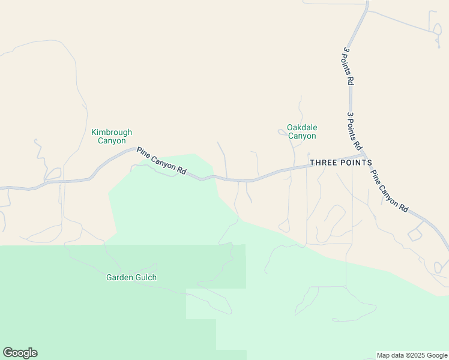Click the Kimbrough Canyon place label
pyautogui.click(x=112, y=136)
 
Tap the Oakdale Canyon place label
pyautogui.click(x=301, y=131)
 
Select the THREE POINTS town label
pyautogui.click(x=340, y=163)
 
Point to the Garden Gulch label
pyautogui.click(x=131, y=277)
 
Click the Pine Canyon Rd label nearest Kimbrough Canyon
pyautogui.click(x=161, y=161)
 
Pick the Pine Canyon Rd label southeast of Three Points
pyautogui.click(x=389, y=191)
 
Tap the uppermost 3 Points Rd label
pyautogui.click(x=347, y=67)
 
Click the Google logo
pyautogui.click(x=20, y=353)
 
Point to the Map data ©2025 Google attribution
pyautogui.click(x=412, y=355)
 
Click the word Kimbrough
pyautogui.click(x=112, y=132)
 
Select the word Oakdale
pyautogui.click(x=302, y=127)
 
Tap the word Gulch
pyautogui.click(x=145, y=277)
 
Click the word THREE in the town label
pyautogui.click(x=321, y=163)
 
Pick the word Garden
pyautogui.click(x=119, y=277)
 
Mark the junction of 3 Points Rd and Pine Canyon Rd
pyautogui.click(x=364, y=154)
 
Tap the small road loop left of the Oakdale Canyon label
pyautogui.click(x=281, y=132)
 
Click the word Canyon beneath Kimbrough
pyautogui.click(x=112, y=141)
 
